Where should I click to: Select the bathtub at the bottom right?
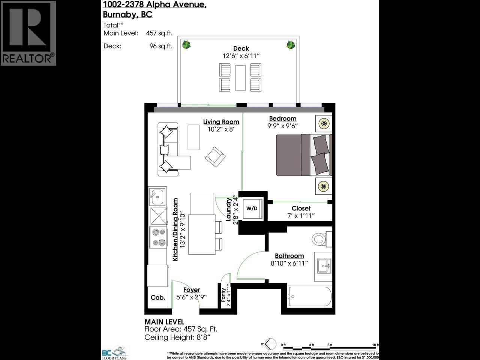310,297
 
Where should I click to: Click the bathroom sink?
323,266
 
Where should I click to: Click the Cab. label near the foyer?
158,297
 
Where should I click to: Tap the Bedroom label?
282,118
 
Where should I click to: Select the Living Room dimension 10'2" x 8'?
221,129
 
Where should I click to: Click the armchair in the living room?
215,156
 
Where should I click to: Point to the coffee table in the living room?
193,137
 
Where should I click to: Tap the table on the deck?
240,78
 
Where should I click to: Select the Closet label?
301,208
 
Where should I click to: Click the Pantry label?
224,295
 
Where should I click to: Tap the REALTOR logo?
28,33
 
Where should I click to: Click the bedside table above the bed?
323,123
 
